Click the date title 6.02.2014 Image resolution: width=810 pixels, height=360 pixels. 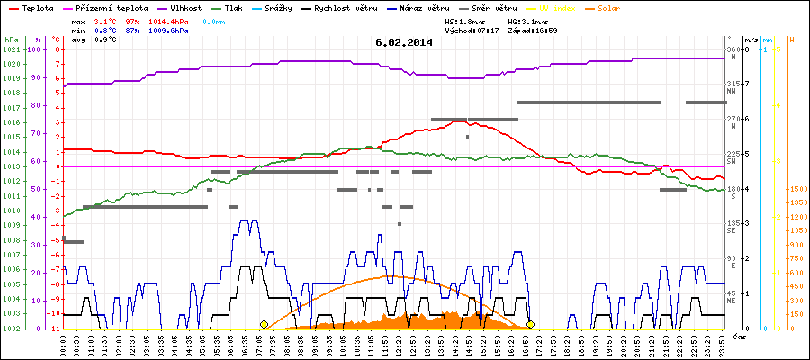point(404,42)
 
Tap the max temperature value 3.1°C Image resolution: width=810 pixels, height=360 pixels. point(107,20)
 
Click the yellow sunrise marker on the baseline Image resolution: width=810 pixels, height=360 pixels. point(264,324)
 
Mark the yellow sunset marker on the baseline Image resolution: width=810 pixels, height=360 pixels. point(531,324)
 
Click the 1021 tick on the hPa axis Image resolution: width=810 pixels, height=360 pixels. point(11,49)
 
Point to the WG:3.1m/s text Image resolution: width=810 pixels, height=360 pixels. point(530,20)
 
